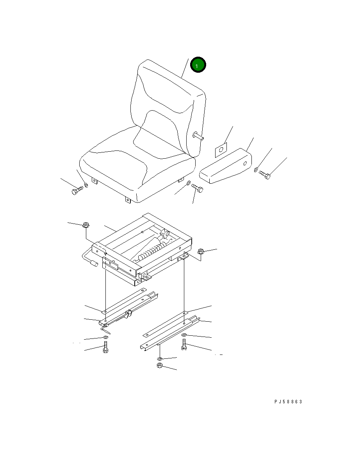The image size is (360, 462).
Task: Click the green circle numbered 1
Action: (198, 65)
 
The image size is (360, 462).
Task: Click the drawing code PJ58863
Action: (288, 401)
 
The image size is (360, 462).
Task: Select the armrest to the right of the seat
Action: (225, 166)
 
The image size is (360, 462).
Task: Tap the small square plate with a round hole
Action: (221, 150)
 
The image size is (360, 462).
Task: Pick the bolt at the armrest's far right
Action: (264, 175)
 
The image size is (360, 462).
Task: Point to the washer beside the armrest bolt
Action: (256, 169)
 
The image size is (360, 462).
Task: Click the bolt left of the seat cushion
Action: (77, 191)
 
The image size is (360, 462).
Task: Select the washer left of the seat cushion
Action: (86, 185)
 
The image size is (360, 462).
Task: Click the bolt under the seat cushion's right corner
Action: (197, 188)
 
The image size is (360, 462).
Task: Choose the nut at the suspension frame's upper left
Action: (86, 225)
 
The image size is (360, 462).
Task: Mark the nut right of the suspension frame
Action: (201, 252)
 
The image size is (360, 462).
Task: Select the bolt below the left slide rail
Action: (106, 347)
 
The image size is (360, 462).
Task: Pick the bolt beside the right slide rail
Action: (184, 344)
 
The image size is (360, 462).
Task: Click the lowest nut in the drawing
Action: (160, 366)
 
